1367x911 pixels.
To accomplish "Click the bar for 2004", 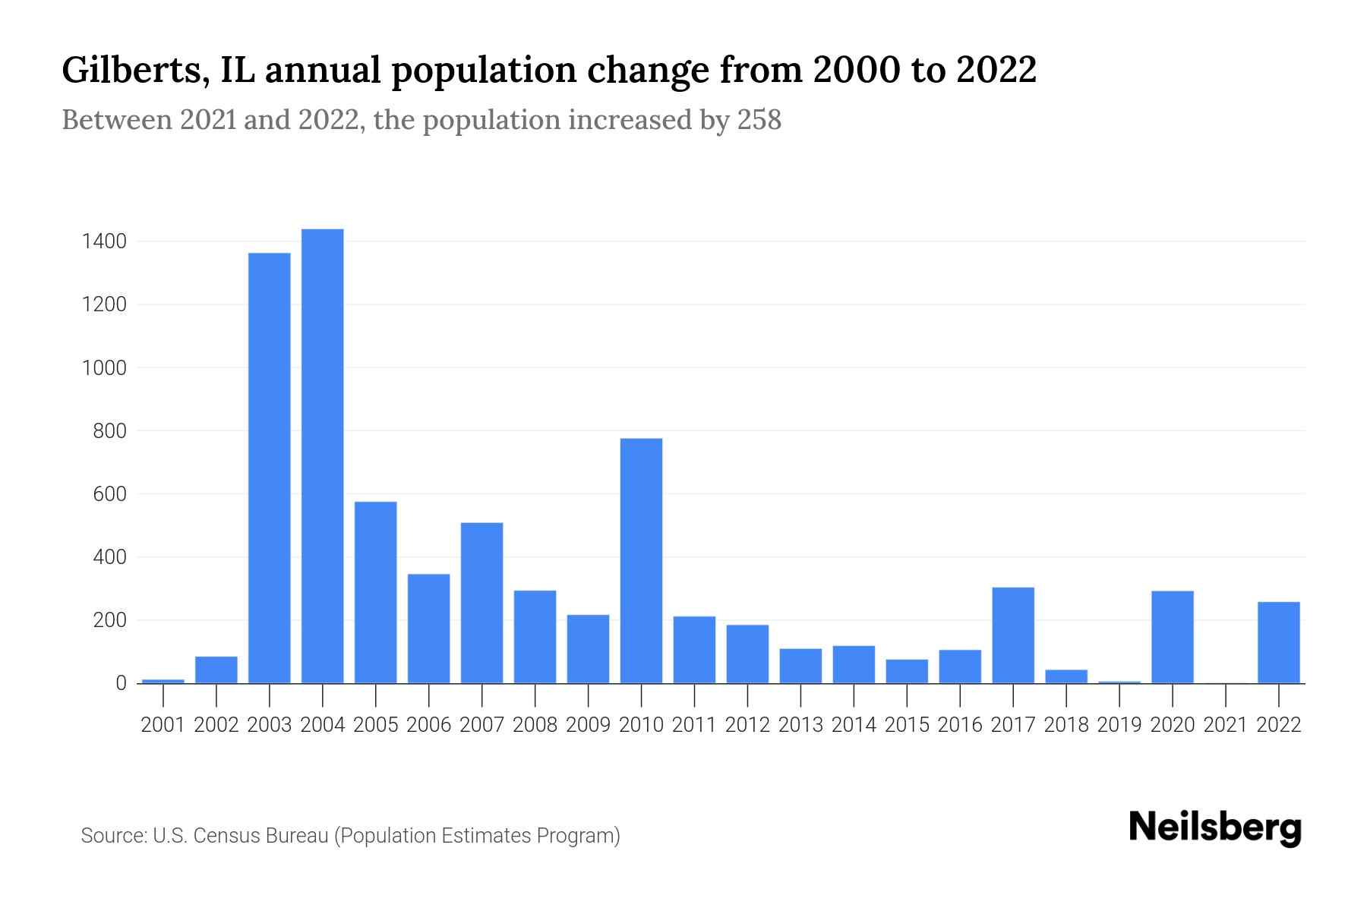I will click(x=322, y=455).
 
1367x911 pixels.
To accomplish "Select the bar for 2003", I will click(x=270, y=468).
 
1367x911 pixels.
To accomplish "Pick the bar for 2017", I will click(x=1013, y=635).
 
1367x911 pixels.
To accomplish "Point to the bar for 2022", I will click(x=1279, y=642).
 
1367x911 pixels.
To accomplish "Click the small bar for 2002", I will click(x=216, y=670).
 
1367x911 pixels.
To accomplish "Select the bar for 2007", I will click(x=481, y=603).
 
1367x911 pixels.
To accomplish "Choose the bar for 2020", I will click(x=1173, y=637).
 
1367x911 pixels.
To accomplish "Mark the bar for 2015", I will click(x=907, y=671).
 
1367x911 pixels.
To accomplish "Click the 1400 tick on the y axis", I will click(x=105, y=242).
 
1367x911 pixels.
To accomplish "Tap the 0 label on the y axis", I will click(x=121, y=683).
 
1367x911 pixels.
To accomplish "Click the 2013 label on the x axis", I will click(x=800, y=725).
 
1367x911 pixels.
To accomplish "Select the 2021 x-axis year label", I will click(x=1226, y=725).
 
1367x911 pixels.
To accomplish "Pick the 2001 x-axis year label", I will click(x=163, y=725).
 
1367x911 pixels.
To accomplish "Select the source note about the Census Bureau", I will click(x=350, y=836).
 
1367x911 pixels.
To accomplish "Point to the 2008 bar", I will click(x=535, y=637).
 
